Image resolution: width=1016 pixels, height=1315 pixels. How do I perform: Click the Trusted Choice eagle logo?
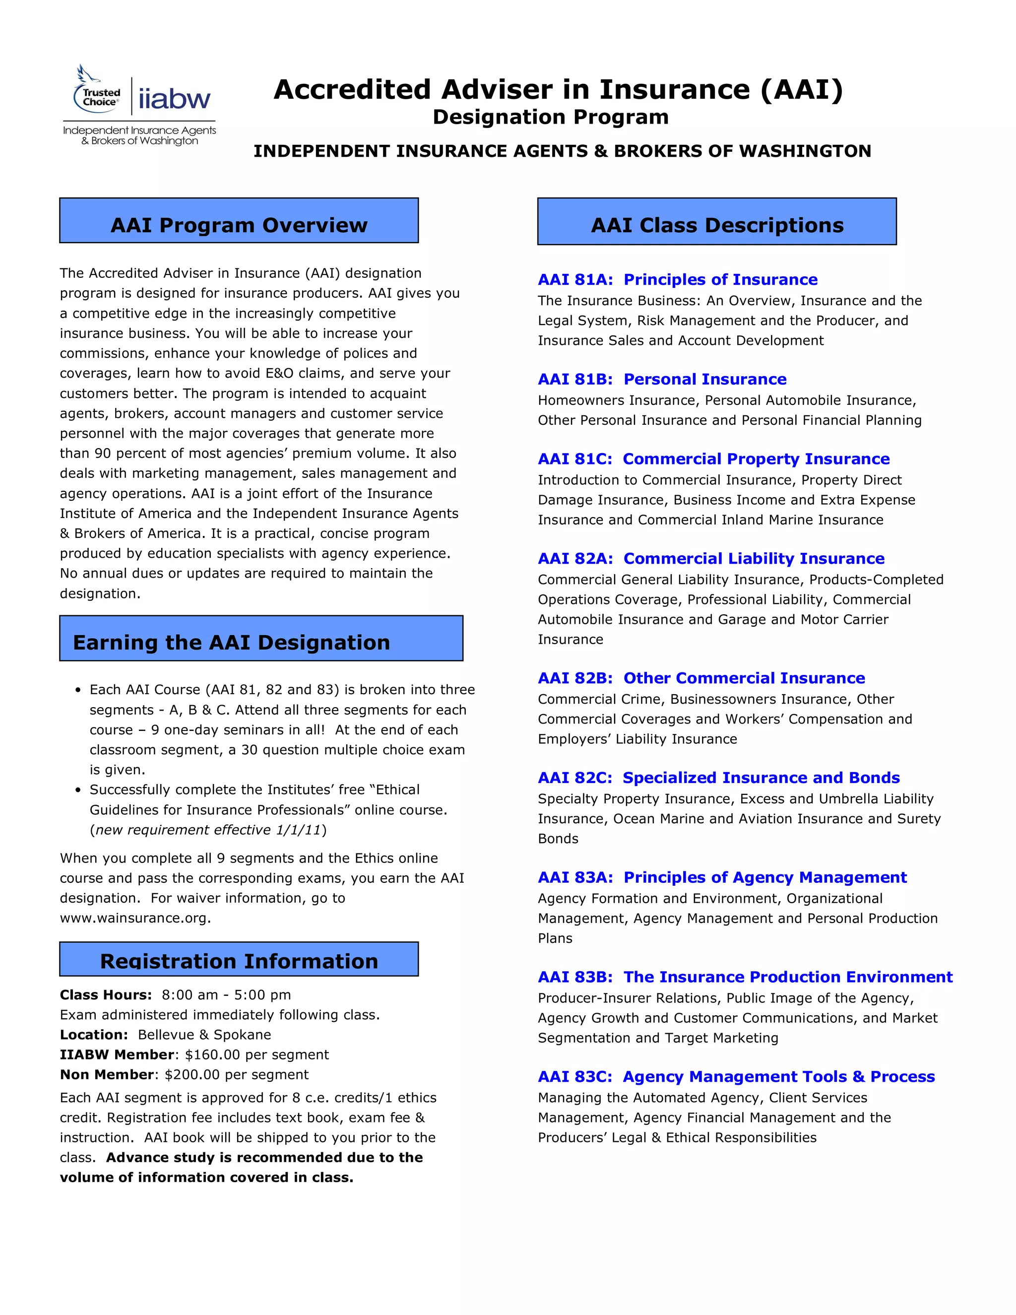(96, 90)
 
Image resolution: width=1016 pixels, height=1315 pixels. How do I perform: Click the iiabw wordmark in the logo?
(175, 98)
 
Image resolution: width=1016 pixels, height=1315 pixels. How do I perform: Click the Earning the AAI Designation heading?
(232, 643)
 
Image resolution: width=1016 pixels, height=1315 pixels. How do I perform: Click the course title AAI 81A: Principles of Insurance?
(678, 279)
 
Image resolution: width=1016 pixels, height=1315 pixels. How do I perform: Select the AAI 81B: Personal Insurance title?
(662, 379)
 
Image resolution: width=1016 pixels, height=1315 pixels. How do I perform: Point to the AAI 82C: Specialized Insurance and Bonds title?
(719, 778)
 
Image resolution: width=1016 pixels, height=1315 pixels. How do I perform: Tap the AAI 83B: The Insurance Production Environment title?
(745, 977)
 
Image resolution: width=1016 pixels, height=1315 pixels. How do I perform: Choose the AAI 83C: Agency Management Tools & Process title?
(736, 1077)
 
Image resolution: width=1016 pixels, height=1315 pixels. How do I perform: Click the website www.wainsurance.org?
(134, 918)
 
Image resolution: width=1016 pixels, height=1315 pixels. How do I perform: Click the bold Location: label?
(94, 1035)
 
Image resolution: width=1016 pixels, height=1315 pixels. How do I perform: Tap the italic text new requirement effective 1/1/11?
(208, 830)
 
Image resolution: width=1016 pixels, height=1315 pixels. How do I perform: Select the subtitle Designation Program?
(551, 117)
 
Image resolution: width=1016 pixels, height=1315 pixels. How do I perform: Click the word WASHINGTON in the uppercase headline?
(802, 151)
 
